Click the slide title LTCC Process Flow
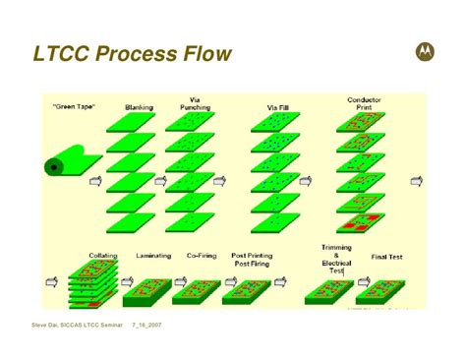point(132,53)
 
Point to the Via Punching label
point(197,103)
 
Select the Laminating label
point(153,256)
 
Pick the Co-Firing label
point(201,256)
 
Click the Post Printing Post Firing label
point(252,260)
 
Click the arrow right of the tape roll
point(95,182)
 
